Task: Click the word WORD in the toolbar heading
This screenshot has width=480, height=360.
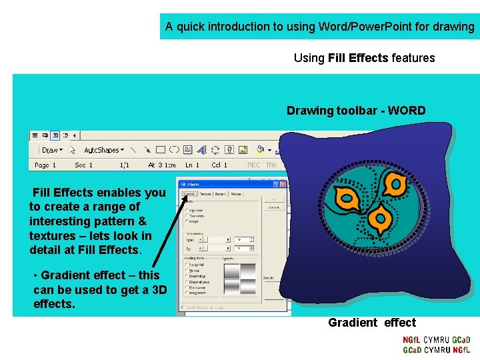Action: point(406,111)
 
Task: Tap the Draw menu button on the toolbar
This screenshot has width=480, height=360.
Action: point(51,150)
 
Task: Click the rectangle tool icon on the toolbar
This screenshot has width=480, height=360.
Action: point(161,150)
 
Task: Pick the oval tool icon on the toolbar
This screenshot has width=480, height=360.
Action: point(174,150)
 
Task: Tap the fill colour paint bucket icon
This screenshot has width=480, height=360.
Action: point(259,150)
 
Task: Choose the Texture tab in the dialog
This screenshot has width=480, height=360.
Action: point(205,194)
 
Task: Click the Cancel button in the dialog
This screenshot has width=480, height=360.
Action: point(273,207)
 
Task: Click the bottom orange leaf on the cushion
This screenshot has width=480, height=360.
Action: point(381,218)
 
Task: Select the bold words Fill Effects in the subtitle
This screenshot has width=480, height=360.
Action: point(358,58)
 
